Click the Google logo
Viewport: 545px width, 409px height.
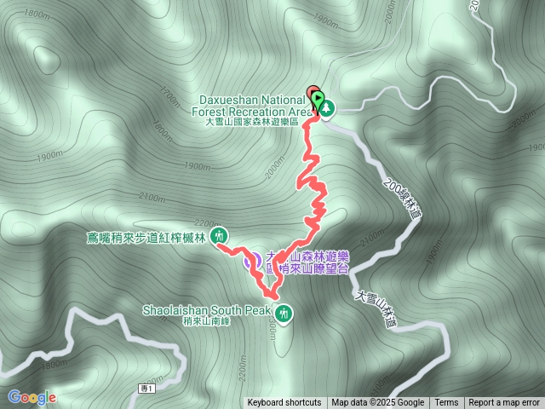click(32, 397)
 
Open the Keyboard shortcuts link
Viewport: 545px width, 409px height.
click(284, 403)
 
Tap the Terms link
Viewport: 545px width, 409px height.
click(446, 403)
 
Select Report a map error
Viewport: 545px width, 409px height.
click(504, 403)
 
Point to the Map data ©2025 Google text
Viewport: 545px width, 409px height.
click(378, 403)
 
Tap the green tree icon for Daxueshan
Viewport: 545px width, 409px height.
click(326, 108)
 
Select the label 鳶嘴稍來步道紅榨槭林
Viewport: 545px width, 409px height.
click(147, 236)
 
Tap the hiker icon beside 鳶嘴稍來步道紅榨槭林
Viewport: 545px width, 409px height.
click(220, 235)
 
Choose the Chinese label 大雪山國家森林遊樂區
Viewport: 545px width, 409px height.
click(252, 123)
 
